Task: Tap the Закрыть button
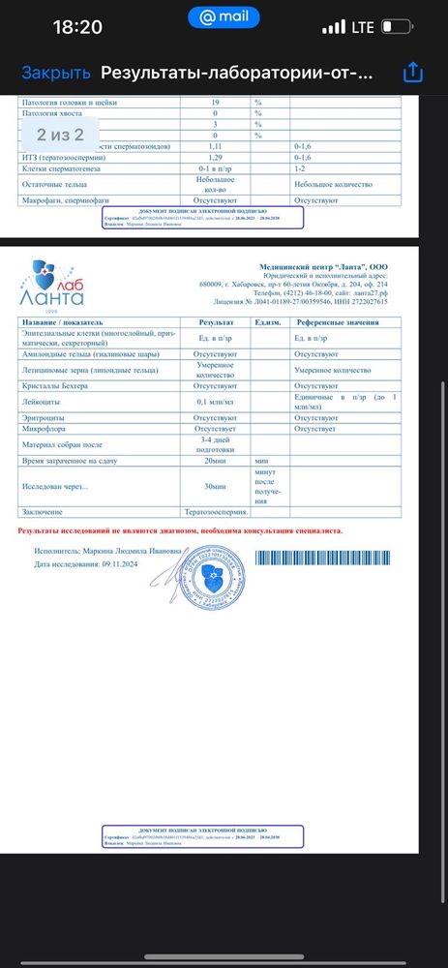56,73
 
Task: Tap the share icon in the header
413,73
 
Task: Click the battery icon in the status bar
396,27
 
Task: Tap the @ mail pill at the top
224,18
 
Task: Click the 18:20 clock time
77,27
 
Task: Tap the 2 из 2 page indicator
60,134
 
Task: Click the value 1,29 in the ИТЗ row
216,156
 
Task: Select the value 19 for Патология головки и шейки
216,102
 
